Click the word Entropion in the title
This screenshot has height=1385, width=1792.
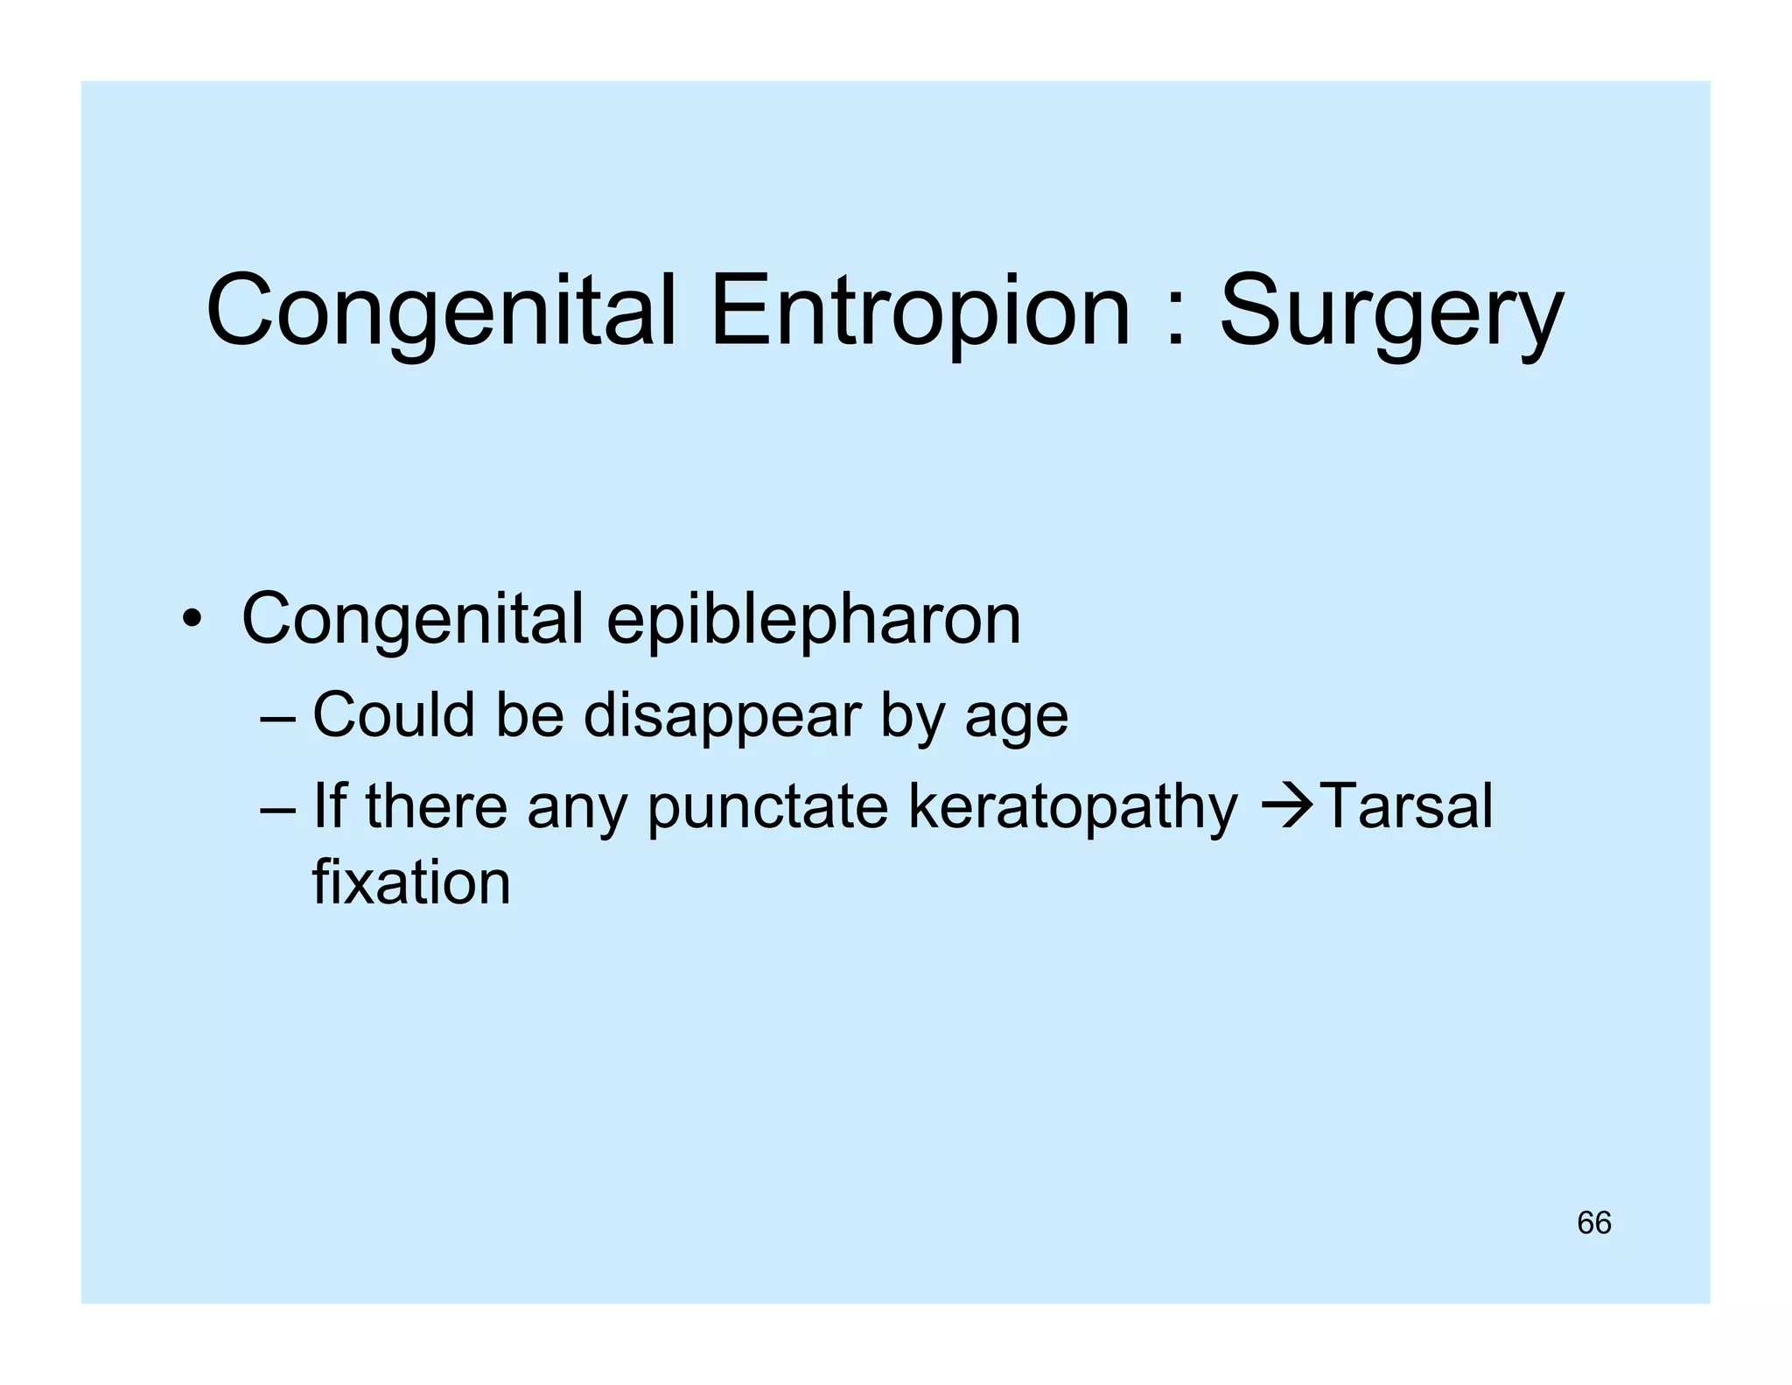(x=920, y=312)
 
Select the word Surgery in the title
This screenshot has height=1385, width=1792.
(x=1390, y=313)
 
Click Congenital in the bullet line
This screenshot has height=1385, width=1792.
(x=412, y=620)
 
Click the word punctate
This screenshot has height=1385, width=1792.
(x=767, y=807)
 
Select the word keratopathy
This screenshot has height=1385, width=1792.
(x=1073, y=807)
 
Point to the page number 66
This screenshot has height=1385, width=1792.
(x=1593, y=1223)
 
